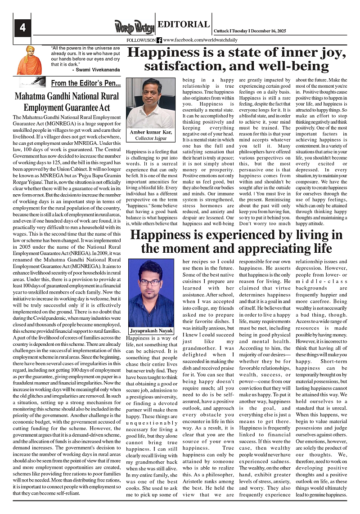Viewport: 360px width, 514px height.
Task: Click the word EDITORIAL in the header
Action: pyautogui.click(x=184, y=24)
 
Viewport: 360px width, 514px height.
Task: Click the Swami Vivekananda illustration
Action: pyautogui.click(x=29, y=60)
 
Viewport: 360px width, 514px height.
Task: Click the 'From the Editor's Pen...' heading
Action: pyautogui.click(x=85, y=83)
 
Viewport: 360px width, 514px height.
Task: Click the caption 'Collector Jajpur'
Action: pyautogui.click(x=149, y=139)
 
